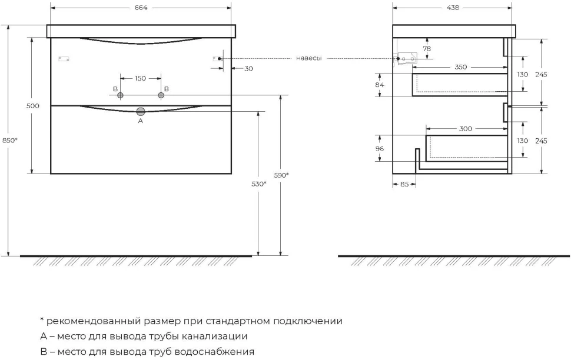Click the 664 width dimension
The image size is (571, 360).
pos(141,8)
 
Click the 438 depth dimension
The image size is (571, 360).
pos(453,8)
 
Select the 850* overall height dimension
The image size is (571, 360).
pos(10,140)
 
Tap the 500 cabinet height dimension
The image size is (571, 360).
pos(33,106)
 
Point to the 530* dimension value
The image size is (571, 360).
pos(259,184)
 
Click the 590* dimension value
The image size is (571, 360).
pos(281,175)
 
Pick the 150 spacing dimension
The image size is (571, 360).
pos(141,78)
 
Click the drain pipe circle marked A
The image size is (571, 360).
pos(141,111)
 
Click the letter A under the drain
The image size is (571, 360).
pos(141,121)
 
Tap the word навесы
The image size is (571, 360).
pos(309,58)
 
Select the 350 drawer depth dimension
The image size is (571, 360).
pos(461,67)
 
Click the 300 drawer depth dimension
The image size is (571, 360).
pos(466,128)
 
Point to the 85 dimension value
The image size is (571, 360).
pos(404,184)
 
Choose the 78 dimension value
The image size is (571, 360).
pos(427,48)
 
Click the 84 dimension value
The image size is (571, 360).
pos(380,85)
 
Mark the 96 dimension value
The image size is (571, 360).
pos(380,148)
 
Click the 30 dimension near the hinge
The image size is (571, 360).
pos(249,68)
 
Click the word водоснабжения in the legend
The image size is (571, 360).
pos(214,352)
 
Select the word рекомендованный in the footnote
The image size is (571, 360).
pos(94,321)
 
